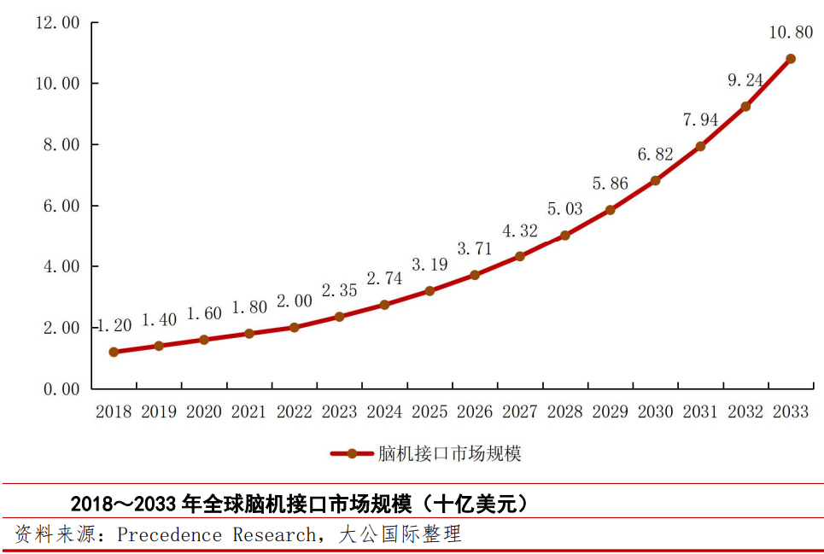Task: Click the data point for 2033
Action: pos(790,59)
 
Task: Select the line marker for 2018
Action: pos(114,352)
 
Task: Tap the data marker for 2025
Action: pos(430,291)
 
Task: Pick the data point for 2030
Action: pos(655,180)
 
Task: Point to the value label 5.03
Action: pos(565,209)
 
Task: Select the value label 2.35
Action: pos(339,290)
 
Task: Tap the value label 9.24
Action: pos(745,80)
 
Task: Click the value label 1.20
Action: pos(114,325)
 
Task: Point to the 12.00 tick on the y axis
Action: pos(56,23)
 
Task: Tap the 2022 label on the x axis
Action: pos(294,412)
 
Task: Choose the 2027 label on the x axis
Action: pos(519,412)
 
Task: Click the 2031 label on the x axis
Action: pos(700,412)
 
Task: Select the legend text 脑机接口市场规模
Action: pos(449,453)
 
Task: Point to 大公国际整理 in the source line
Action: pos(400,535)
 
